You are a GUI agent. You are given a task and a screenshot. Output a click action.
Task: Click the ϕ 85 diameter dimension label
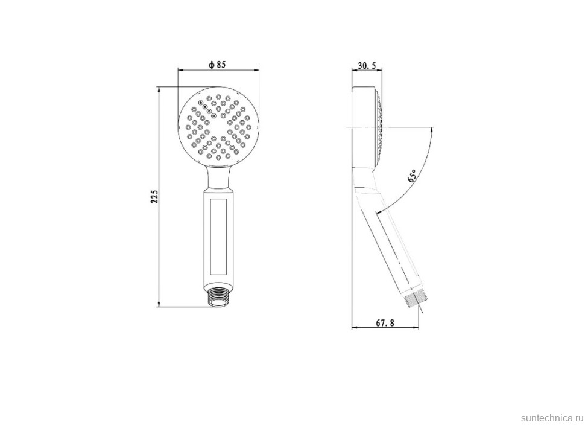[x=217, y=65]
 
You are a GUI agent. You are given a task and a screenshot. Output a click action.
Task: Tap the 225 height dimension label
[x=154, y=197]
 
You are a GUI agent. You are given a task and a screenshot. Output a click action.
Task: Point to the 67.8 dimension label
[x=385, y=323]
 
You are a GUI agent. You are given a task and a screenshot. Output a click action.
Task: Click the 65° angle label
[x=412, y=175]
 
